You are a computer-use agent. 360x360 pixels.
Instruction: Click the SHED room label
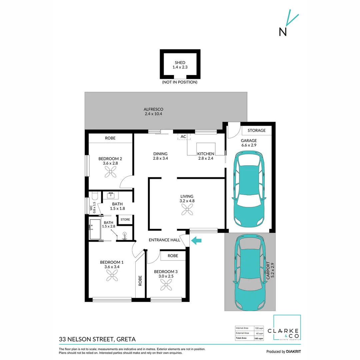pyautogui.click(x=180, y=62)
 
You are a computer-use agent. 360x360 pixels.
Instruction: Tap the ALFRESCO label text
pyautogui.click(x=153, y=109)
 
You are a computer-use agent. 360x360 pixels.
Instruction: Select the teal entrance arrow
pyautogui.click(x=196, y=240)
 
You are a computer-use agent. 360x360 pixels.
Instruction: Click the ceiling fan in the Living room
pyautogui.click(x=187, y=210)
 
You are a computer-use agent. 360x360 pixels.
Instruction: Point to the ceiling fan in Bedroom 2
pyautogui.click(x=110, y=172)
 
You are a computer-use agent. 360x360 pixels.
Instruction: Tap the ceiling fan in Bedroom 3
pyautogui.click(x=166, y=285)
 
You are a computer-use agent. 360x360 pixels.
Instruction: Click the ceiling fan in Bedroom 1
pyautogui.click(x=112, y=275)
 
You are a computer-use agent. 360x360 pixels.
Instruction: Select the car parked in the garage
pyautogui.click(x=249, y=189)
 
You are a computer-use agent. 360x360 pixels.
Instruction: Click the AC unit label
pyautogui.click(x=183, y=137)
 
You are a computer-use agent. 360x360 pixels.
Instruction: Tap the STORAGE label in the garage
pyautogui.click(x=256, y=130)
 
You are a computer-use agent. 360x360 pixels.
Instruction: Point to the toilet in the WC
pyautogui.click(x=95, y=196)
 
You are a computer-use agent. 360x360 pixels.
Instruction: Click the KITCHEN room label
pyautogui.click(x=206, y=154)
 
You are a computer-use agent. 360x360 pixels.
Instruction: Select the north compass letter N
pyautogui.click(x=283, y=32)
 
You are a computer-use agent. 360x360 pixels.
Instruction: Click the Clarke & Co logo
pyautogui.click(x=287, y=328)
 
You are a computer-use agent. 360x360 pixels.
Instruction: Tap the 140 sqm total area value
pyautogui.click(x=259, y=339)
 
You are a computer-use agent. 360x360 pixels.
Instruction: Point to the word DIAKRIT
pyautogui.click(x=293, y=352)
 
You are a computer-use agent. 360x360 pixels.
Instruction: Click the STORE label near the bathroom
pyautogui.click(x=125, y=219)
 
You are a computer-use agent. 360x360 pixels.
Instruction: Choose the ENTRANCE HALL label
pyautogui.click(x=164, y=240)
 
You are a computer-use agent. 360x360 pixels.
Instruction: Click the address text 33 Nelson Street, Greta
pyautogui.click(x=97, y=339)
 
